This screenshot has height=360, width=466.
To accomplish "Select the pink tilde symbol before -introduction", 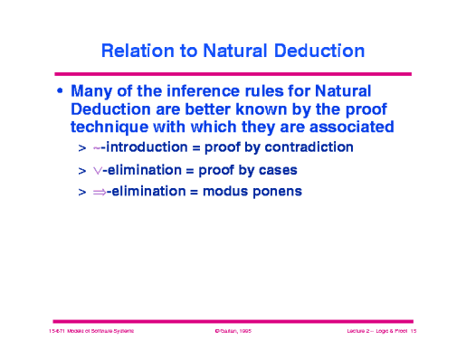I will (x=97, y=147).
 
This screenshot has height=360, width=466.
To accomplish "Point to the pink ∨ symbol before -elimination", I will (x=98, y=170).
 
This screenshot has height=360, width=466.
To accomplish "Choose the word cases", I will (x=277, y=169).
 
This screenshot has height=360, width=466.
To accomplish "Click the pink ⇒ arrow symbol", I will (x=100, y=192).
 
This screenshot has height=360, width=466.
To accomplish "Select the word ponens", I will (x=278, y=192).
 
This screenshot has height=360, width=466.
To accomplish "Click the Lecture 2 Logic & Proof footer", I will (x=378, y=334).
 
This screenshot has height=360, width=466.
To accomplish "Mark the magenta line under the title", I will (x=233, y=73).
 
